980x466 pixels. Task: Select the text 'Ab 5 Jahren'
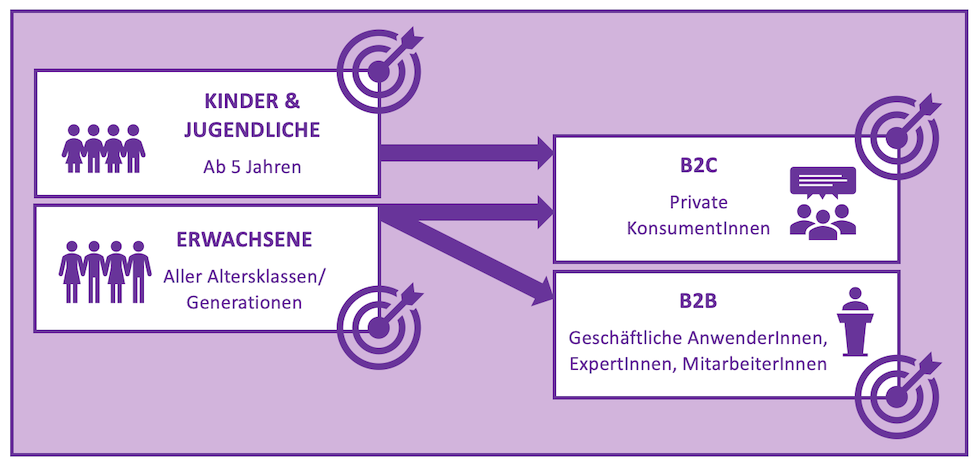click(252, 166)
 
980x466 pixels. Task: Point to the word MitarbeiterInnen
click(755, 364)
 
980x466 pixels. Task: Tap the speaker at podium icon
click(854, 321)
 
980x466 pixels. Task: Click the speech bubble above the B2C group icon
click(822, 182)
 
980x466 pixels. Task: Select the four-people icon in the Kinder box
click(104, 148)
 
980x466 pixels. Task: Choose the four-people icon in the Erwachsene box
click(104, 271)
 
